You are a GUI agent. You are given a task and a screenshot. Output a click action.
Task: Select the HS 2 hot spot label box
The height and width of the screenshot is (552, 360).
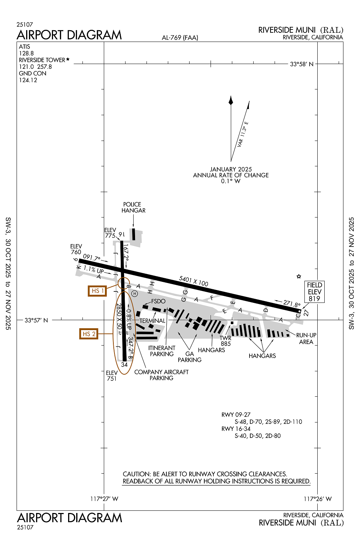89,334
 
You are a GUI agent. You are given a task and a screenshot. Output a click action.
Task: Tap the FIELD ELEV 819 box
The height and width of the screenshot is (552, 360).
314,292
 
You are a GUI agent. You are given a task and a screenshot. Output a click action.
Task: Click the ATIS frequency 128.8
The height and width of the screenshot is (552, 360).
27,53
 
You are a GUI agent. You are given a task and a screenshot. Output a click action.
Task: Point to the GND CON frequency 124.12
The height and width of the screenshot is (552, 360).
28,80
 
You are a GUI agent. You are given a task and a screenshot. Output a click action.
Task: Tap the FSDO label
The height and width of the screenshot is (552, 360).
158,301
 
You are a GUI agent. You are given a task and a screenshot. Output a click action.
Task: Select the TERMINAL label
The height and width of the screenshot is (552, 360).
152,321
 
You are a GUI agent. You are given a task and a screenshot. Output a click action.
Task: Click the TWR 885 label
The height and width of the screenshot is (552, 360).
226,341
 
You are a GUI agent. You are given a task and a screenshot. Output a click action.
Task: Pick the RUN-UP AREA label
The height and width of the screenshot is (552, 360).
306,339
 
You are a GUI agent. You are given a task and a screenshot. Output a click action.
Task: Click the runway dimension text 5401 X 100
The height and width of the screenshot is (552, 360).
194,281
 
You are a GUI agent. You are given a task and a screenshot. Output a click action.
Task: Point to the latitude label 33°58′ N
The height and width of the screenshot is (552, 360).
301,64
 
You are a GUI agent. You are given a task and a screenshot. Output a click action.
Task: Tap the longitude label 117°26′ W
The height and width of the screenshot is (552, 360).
317,499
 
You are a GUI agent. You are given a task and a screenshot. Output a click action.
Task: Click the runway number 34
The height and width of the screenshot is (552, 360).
124,365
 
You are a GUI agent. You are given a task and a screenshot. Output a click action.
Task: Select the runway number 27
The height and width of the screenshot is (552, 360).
306,313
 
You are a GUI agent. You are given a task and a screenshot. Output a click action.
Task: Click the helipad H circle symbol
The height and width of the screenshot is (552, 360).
135,294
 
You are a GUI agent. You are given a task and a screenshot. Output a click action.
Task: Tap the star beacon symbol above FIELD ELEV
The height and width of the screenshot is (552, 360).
299,276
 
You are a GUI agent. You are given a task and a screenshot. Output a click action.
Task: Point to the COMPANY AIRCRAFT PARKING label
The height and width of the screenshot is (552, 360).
161,375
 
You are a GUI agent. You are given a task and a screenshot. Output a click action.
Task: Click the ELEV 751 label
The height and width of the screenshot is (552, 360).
112,376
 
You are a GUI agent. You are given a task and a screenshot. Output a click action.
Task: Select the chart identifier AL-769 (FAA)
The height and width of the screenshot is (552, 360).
180,38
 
